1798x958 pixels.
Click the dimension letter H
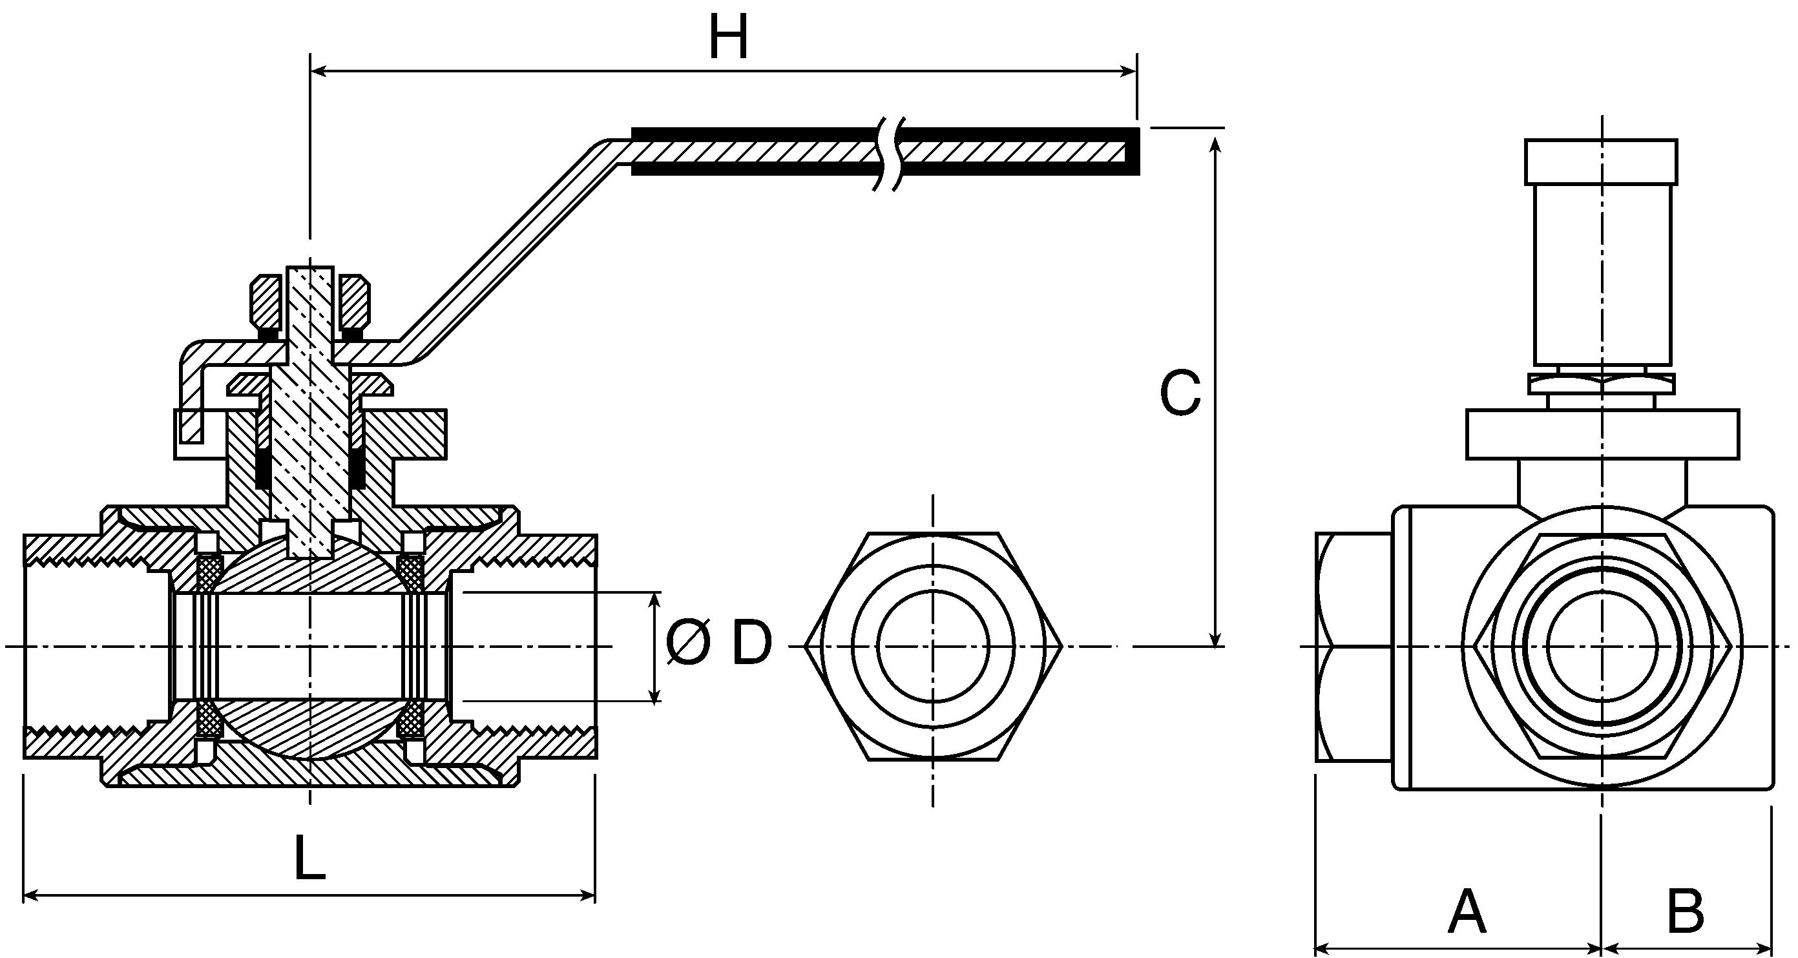(728, 37)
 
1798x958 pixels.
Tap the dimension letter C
(1180, 393)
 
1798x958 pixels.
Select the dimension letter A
(1467, 912)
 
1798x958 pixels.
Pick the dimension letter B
(1685, 912)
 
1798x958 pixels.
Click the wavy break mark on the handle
(888, 152)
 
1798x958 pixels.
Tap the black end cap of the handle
(1133, 151)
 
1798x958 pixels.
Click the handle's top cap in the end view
(1601, 161)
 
